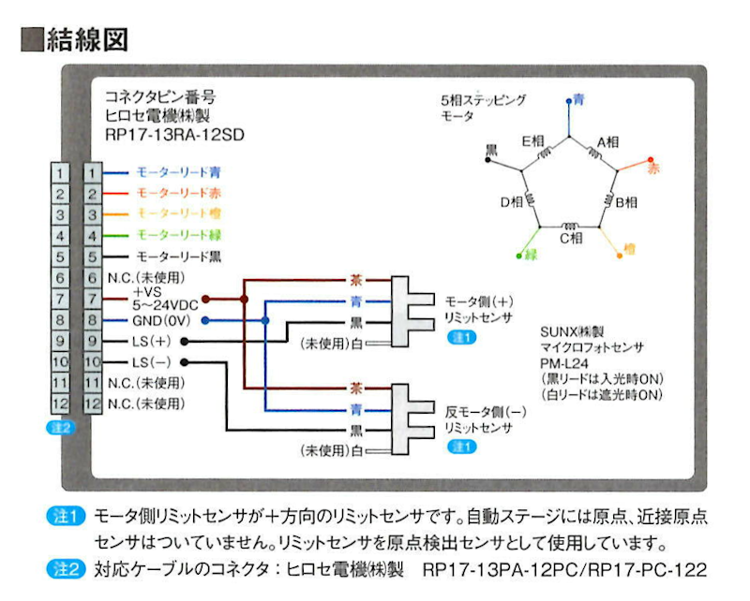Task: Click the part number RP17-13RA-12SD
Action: tap(175, 134)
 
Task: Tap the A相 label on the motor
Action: tap(607, 142)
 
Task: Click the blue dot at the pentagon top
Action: tap(571, 99)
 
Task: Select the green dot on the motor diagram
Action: tap(518, 255)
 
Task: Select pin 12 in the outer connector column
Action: tap(60, 404)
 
